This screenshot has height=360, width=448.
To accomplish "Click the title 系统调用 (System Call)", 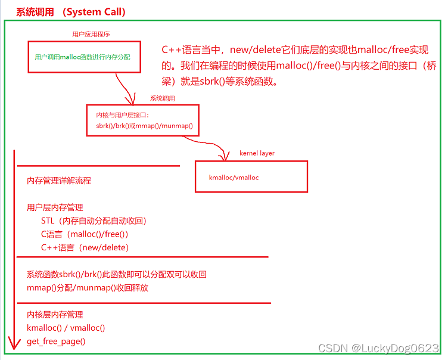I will tap(71, 12).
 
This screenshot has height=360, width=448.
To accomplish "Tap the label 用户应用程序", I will tap(91, 35).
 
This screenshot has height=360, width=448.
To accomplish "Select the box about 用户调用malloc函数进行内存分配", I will tap(84, 57).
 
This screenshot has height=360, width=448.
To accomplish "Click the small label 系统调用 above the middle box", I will tap(162, 98).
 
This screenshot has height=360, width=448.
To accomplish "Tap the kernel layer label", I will tap(257, 153).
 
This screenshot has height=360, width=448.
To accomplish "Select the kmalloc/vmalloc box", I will tap(251, 177).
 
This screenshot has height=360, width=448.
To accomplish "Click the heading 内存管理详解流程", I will tap(59, 181).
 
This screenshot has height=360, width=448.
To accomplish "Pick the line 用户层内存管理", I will tap(55, 207).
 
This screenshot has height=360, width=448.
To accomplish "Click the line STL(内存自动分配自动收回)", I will tap(94, 221).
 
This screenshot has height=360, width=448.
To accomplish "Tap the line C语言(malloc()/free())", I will tap(85, 234).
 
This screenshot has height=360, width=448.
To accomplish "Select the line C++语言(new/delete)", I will tap(85, 247).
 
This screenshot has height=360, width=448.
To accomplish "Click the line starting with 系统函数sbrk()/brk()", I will tap(117, 275).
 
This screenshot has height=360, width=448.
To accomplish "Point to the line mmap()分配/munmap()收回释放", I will tap(88, 288).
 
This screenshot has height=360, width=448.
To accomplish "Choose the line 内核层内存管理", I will tap(55, 315).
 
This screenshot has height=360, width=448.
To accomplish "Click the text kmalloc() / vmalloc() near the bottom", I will tap(66, 328).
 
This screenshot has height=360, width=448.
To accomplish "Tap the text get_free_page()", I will tap(56, 342).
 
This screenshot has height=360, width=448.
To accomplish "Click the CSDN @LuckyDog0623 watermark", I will tap(378, 348).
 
